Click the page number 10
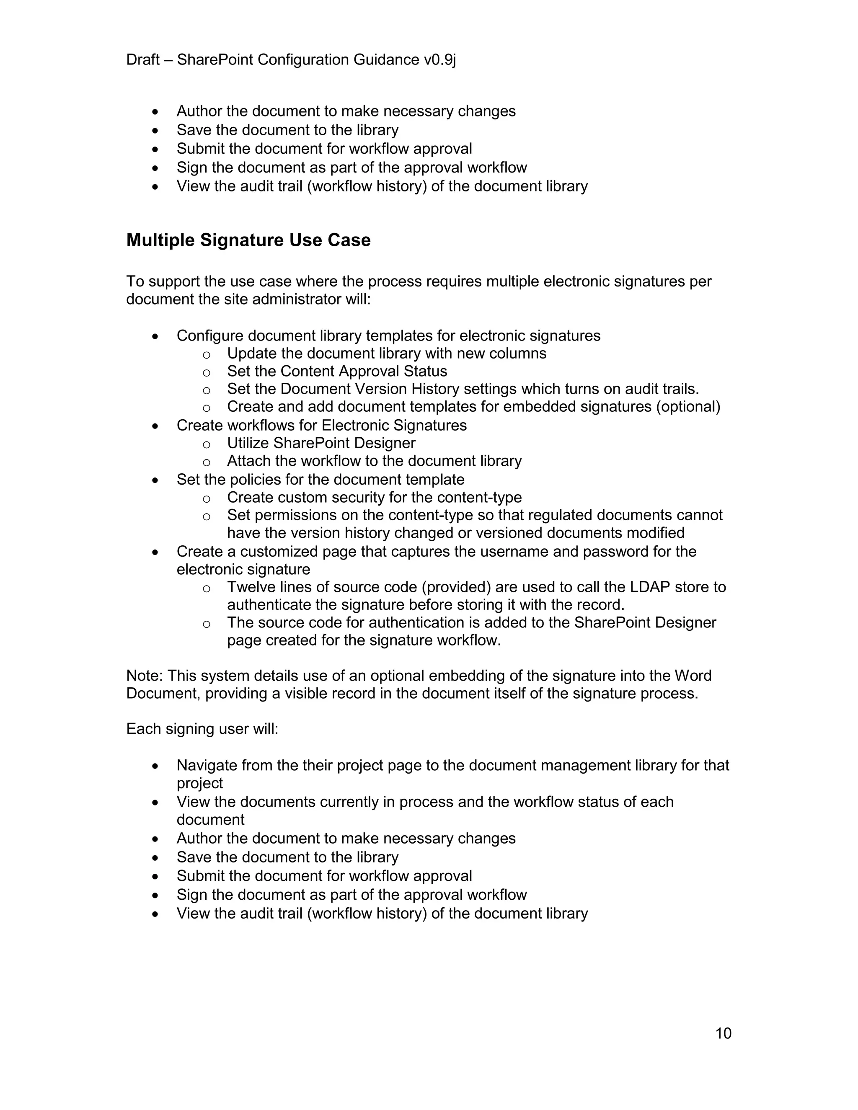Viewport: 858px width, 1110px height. click(x=723, y=1033)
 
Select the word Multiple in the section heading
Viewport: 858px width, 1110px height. click(x=160, y=240)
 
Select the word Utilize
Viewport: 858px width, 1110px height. click(x=248, y=443)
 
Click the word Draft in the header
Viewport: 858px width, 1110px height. click(x=143, y=60)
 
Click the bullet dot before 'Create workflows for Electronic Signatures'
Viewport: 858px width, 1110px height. click(x=155, y=426)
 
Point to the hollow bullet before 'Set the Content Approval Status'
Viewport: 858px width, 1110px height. click(x=207, y=372)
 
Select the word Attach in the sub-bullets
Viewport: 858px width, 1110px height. click(x=246, y=461)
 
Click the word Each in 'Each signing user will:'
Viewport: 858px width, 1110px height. click(x=143, y=729)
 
